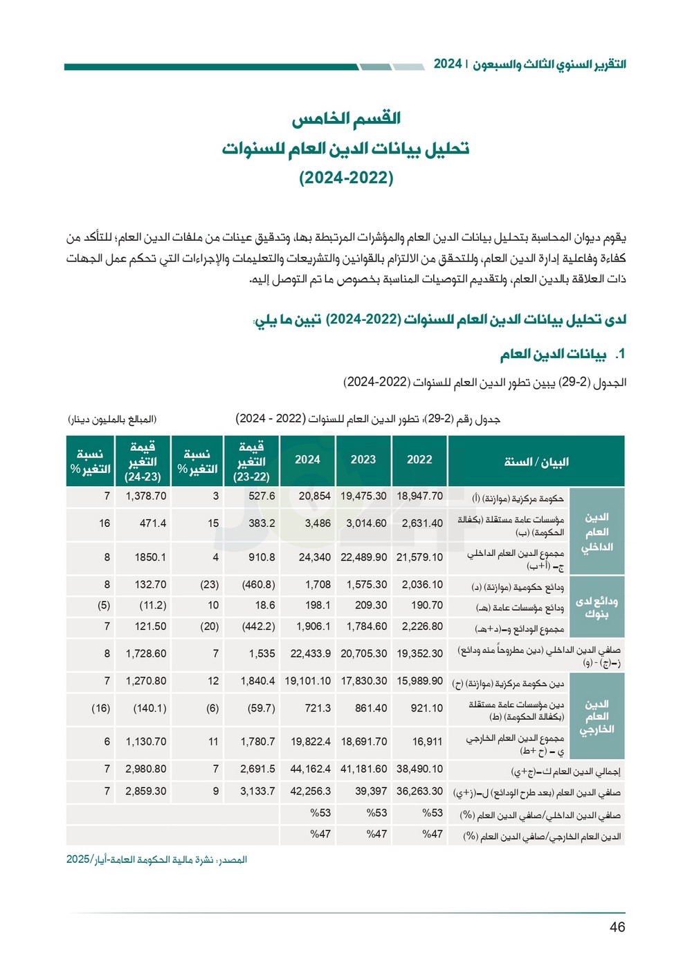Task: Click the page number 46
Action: pos(617,927)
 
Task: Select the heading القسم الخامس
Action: pos(346,118)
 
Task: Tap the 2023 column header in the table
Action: pos(363,460)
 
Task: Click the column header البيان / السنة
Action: pos(536,462)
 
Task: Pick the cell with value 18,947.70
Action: pos(419,496)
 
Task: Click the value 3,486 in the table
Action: pos(318,523)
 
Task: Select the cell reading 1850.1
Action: pos(150,557)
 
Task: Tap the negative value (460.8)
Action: pos(258,585)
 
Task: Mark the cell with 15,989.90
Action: pos(419,681)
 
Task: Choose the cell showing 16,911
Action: pos(427,742)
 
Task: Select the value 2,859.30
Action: pos(145,791)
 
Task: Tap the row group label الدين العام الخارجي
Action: pos(597,717)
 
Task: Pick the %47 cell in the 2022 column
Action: pos(432,835)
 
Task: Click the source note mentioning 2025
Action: pos(156,859)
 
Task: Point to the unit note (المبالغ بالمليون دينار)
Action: pos(112,420)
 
